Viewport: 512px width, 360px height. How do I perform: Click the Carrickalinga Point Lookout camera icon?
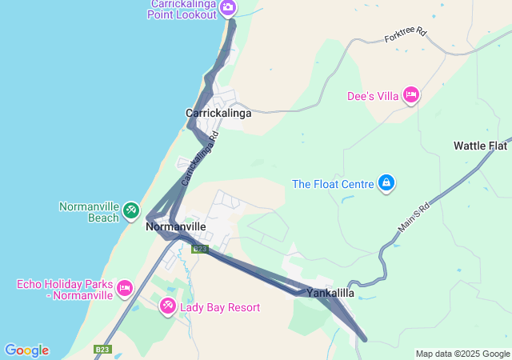(x=228, y=8)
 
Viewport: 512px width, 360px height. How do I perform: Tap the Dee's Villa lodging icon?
(x=411, y=96)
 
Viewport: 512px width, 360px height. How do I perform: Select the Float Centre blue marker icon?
(x=386, y=184)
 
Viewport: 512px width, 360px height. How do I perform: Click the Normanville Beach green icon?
(x=130, y=211)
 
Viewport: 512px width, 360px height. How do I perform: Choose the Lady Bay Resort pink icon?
(x=167, y=306)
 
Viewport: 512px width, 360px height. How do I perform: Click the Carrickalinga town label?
(x=218, y=113)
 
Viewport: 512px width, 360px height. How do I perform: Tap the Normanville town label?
(x=177, y=227)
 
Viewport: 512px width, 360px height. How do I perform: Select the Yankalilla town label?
(x=330, y=294)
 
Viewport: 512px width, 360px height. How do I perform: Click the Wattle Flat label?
(x=480, y=146)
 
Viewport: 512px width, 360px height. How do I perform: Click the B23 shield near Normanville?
(x=200, y=249)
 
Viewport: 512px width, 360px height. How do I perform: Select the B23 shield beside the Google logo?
(x=102, y=350)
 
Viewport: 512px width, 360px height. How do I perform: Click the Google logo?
(x=26, y=350)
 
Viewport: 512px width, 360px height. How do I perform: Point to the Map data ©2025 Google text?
(x=462, y=354)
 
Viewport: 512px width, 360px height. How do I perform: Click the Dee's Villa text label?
(x=373, y=96)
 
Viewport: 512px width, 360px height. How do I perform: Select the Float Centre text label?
(x=334, y=184)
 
